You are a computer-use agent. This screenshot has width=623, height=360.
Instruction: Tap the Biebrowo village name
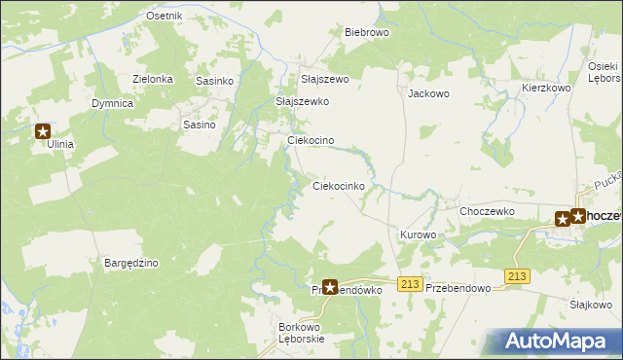(x=367, y=32)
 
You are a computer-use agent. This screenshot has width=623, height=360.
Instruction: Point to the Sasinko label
(x=214, y=81)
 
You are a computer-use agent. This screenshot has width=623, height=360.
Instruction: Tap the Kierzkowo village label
(x=546, y=88)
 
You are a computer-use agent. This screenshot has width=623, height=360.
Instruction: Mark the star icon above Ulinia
(x=44, y=130)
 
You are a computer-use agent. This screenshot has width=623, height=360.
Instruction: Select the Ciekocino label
(x=311, y=140)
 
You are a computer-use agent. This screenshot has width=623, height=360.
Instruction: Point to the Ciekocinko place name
(x=338, y=185)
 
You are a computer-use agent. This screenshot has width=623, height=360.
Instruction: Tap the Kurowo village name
(x=418, y=235)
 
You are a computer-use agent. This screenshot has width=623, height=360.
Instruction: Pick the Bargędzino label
(x=130, y=263)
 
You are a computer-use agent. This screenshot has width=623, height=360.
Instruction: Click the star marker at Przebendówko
(x=330, y=287)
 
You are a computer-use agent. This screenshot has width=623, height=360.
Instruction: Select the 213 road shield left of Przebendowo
(x=410, y=283)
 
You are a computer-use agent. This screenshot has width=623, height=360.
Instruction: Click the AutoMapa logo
(x=560, y=342)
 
